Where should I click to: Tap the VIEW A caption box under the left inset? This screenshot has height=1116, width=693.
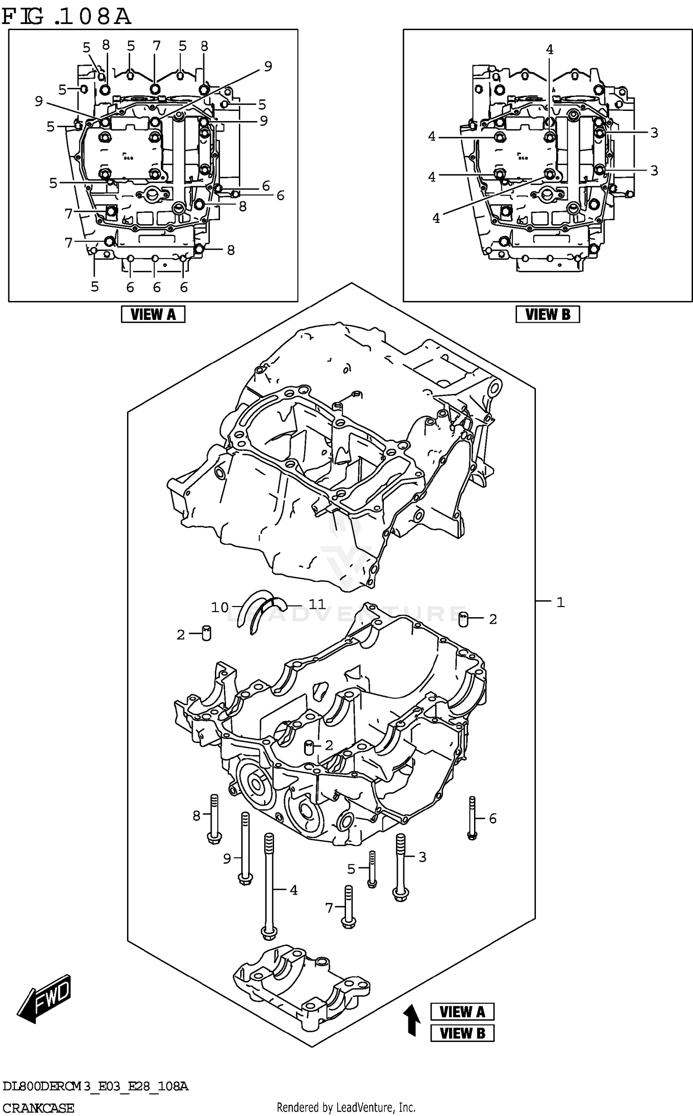(x=153, y=314)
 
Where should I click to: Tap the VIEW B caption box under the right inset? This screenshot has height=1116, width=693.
(x=547, y=314)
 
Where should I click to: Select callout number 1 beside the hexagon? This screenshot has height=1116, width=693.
(x=560, y=602)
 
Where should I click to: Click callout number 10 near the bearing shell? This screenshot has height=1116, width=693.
(x=220, y=607)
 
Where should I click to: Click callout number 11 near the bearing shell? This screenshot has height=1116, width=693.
(x=317, y=604)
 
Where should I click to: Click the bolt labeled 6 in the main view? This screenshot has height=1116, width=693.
(x=472, y=818)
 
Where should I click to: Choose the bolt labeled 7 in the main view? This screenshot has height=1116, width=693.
(x=349, y=907)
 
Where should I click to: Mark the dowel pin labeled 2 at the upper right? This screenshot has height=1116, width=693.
(x=464, y=619)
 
